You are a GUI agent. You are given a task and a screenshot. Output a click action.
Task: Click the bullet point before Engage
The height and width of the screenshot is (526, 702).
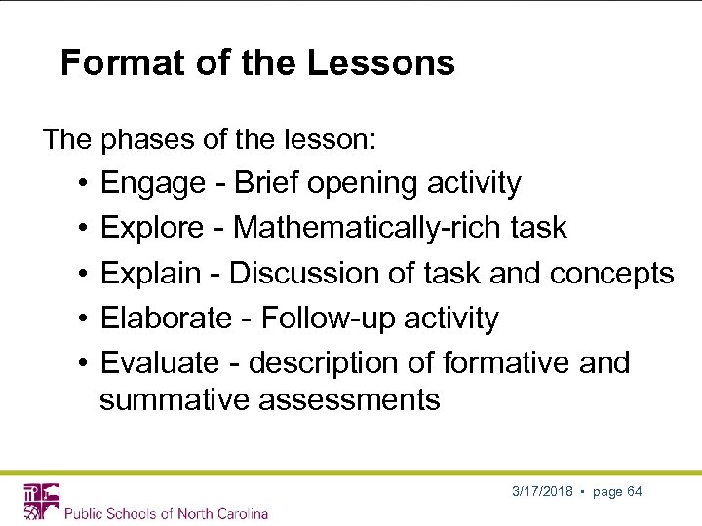tap(85, 183)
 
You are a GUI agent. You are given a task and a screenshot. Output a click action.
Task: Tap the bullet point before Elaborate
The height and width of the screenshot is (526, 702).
tap(85, 318)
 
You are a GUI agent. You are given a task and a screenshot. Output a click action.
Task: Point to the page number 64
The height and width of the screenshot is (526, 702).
tap(634, 491)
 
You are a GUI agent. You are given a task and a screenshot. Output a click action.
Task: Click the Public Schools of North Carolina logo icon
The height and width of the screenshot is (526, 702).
tap(41, 501)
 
